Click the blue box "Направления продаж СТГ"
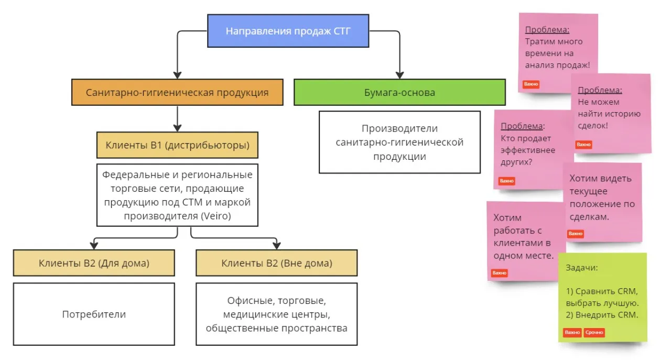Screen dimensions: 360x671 288,31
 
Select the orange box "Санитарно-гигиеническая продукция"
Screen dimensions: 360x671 177,93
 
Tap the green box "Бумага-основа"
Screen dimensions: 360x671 399,93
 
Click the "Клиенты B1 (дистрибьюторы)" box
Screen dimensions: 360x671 177,145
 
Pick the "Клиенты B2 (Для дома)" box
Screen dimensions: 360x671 94,263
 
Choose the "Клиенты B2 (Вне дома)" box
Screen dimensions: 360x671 277,263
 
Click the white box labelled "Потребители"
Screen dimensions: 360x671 94,314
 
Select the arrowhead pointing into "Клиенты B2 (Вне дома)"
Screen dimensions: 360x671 277,245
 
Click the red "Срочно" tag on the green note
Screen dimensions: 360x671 594,332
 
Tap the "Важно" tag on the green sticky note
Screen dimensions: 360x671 572,332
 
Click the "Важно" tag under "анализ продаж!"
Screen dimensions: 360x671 531,84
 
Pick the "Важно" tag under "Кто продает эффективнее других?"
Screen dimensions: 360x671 507,181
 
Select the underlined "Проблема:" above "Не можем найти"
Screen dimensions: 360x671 600,90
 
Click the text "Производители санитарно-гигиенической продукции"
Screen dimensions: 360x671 399,142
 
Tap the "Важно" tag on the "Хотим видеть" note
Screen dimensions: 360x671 575,234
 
